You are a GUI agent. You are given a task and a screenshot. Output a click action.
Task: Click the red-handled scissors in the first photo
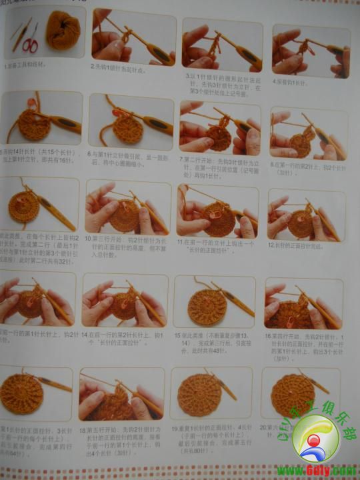[30, 43]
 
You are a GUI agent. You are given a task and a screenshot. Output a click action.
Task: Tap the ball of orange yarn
[63, 30]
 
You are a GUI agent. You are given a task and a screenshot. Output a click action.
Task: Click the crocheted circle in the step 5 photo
[33, 125]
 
